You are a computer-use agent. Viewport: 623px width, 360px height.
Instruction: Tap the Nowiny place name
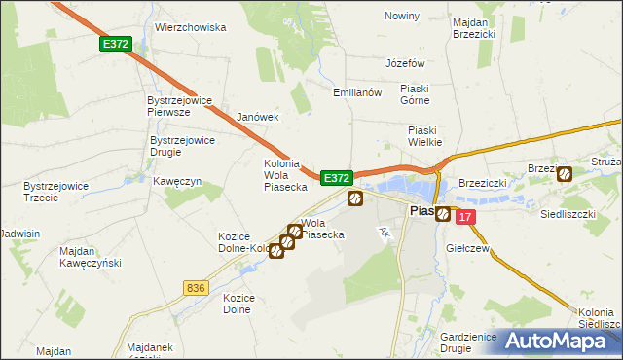(x=402, y=17)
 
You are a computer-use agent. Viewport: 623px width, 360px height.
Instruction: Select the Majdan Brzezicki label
(x=474, y=27)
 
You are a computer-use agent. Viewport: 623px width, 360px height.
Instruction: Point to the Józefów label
(x=406, y=62)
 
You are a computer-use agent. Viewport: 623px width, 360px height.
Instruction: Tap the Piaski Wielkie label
(x=424, y=136)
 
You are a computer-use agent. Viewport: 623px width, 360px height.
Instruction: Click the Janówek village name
(x=258, y=117)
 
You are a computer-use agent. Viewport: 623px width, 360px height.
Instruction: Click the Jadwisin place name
(x=19, y=234)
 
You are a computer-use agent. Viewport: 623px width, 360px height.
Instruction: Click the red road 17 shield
(x=466, y=217)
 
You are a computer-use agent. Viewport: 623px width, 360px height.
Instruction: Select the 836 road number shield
(x=195, y=287)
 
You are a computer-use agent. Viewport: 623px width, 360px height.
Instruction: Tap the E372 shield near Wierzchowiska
(x=114, y=45)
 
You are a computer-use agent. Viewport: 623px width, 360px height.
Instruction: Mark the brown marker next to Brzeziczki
(x=564, y=173)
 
